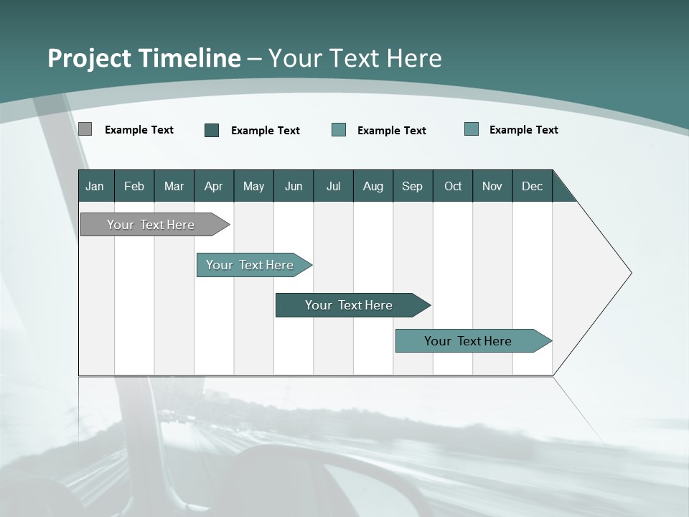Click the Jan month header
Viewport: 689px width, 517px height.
[x=95, y=186]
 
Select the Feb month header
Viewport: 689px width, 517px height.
[x=134, y=186]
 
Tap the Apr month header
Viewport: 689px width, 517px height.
[x=213, y=186]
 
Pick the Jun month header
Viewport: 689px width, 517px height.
[x=294, y=186]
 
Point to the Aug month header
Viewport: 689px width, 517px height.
[x=372, y=186]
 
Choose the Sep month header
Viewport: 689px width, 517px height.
[x=412, y=186]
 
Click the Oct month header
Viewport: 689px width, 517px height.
[x=453, y=186]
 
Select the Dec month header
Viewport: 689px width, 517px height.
[x=532, y=186]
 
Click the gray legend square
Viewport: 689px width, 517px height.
[x=85, y=129]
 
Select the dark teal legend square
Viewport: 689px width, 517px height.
[x=212, y=130]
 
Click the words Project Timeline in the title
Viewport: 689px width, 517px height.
[x=144, y=58]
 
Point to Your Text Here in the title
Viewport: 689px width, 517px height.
[x=355, y=58]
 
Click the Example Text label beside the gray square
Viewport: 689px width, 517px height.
[x=139, y=130]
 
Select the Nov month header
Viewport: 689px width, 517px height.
[x=492, y=186]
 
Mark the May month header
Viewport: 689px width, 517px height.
[x=253, y=186]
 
